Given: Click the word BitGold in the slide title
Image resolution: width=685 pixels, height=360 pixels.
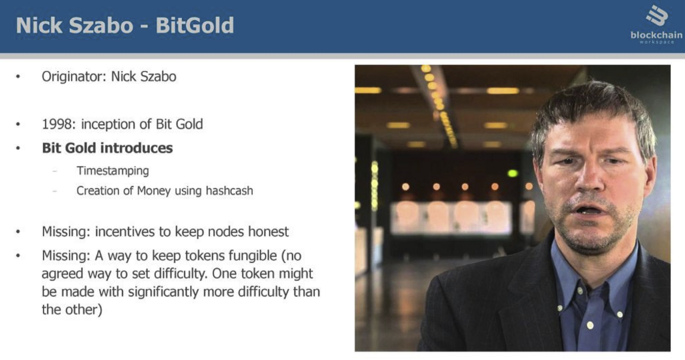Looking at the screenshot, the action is (x=195, y=25).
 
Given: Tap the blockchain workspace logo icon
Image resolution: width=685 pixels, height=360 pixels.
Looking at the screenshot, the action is (x=657, y=16).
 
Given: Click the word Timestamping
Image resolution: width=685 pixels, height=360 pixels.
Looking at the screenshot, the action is (x=112, y=171).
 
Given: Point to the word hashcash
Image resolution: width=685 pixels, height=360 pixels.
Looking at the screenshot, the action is (x=229, y=191).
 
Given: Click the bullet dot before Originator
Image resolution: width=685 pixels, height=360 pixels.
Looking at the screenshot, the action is (x=18, y=77).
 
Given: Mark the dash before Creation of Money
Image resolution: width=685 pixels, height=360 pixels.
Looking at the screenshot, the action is (x=55, y=191).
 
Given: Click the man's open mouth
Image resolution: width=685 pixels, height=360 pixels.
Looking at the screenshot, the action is (x=587, y=210).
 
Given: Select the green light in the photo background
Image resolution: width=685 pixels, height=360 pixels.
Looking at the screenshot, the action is (x=512, y=173).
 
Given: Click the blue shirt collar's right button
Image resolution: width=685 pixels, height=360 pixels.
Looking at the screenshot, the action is (x=620, y=314).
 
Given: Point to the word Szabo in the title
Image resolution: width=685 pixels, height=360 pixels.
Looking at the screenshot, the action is (x=102, y=25).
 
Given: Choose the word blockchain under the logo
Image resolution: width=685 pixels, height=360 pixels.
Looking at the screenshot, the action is (x=656, y=35).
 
